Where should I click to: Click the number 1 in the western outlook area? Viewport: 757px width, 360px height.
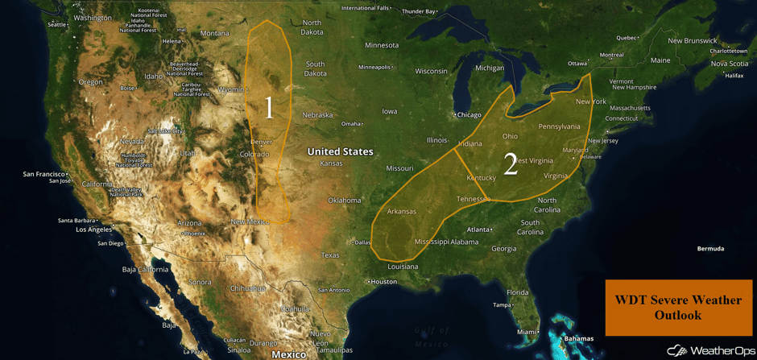coord(269,108)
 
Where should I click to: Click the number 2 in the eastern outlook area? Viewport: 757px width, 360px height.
coord(510,164)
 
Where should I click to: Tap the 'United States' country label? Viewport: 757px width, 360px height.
coord(340,151)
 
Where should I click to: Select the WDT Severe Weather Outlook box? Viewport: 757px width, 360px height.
coord(678,308)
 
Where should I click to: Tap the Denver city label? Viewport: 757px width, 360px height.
coord(262,142)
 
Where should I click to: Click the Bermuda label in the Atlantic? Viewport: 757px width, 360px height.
coord(710,249)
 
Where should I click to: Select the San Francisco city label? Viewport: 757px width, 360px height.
coord(43,174)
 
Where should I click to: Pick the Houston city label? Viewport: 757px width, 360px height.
coord(384,282)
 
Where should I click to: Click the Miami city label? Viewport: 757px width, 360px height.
coord(527,332)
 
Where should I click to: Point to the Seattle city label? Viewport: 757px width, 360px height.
coord(56,25)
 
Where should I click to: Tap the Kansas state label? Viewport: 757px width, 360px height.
coord(331,163)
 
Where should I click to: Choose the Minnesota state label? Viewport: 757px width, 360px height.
coord(381,45)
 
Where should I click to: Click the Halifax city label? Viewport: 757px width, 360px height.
coord(734,76)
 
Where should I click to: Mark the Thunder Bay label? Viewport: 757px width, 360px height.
coord(419,11)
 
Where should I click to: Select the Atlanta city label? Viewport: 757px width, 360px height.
coord(479,230)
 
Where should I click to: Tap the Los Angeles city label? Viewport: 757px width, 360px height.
coord(93,230)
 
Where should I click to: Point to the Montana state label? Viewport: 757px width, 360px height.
coord(214,33)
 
